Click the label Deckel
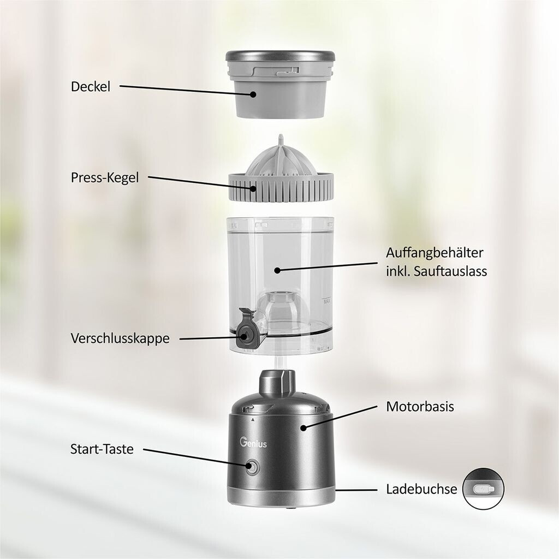91,87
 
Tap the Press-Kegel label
105,177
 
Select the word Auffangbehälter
435,253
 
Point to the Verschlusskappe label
120,338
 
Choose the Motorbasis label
420,406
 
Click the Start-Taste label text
102,449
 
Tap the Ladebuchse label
421,489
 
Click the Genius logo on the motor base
253,443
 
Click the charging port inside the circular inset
484,489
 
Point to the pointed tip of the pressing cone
281,136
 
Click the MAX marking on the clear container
326,301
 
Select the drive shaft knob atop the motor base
277,383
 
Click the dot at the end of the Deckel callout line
253,94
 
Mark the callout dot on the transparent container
277,271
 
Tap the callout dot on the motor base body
304,427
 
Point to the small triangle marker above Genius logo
253,420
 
